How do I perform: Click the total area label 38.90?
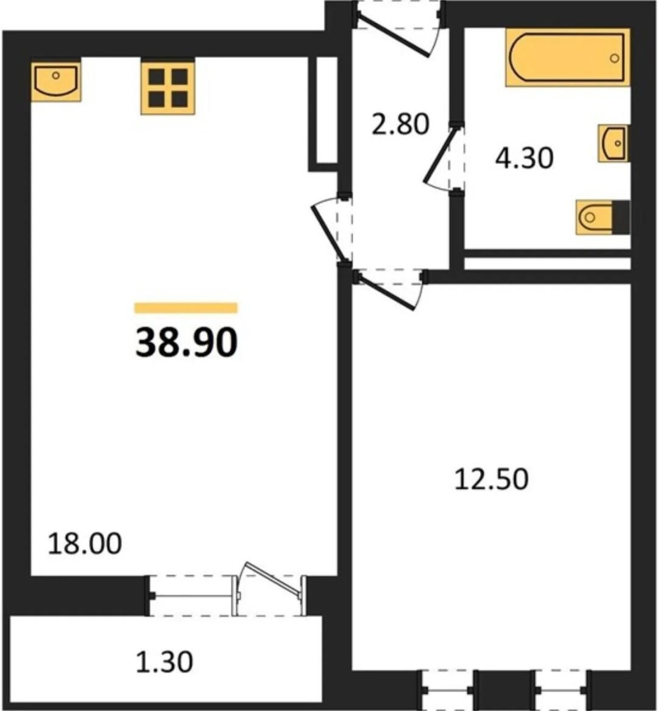coord(186,343)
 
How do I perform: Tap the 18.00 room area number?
coord(85,544)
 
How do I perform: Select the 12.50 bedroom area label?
coord(492,479)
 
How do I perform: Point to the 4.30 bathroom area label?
coord(524,158)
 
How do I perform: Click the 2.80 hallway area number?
coord(400,124)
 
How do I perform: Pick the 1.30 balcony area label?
coord(164,662)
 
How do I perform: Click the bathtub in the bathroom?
coord(568,57)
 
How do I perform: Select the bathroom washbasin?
coord(614,143)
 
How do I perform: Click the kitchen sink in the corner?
coord(56,82)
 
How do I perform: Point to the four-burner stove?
coord(168,88)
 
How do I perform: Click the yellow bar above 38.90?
coord(186,308)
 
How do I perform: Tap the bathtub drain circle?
coord(615,58)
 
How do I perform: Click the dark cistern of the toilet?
coord(621,218)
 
